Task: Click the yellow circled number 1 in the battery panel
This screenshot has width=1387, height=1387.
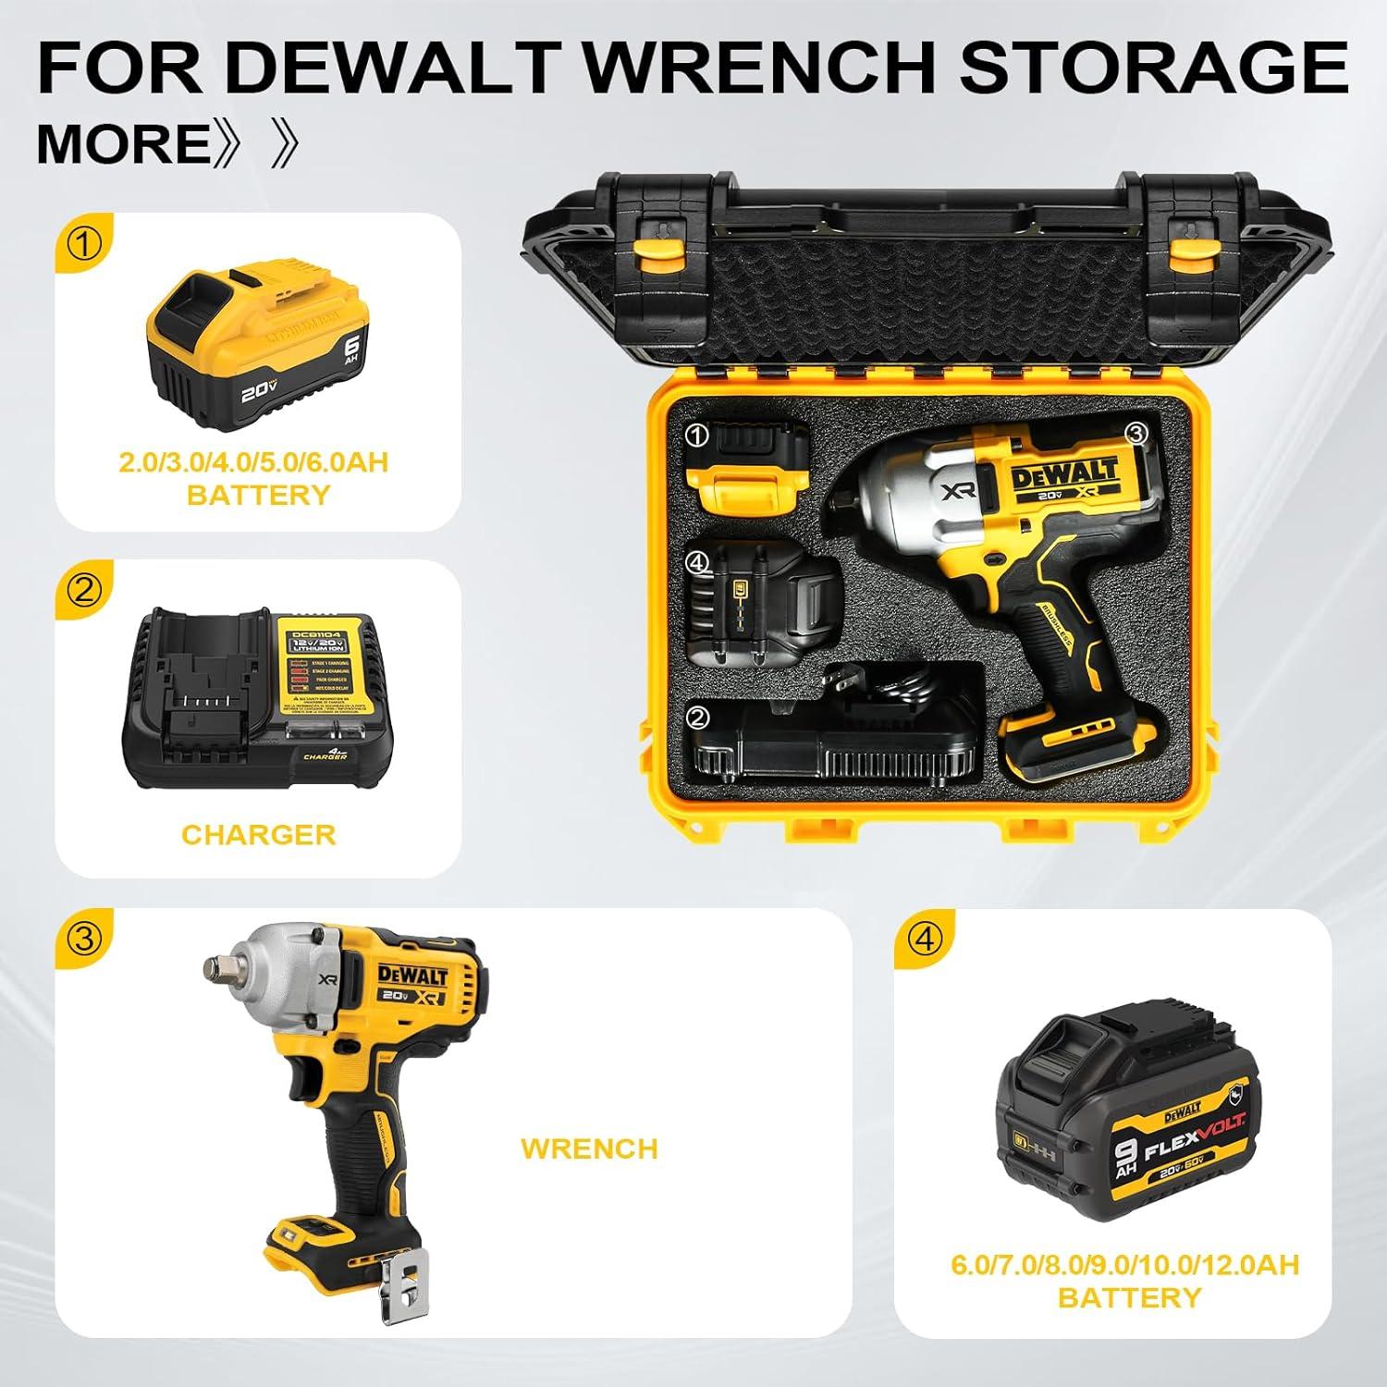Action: (85, 245)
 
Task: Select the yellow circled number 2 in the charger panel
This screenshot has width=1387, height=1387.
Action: (85, 590)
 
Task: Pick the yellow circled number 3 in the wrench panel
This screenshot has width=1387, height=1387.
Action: (85, 939)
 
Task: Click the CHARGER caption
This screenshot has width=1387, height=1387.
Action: (258, 834)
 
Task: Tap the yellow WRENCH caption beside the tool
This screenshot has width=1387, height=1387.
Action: (589, 1148)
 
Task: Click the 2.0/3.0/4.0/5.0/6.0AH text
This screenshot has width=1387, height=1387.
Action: (253, 462)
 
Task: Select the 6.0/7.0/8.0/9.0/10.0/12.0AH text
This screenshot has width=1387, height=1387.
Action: (1125, 1265)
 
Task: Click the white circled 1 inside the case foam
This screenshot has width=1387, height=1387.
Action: (697, 435)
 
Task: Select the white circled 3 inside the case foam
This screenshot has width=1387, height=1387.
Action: (1135, 433)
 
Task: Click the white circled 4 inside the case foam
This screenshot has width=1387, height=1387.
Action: (697, 560)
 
